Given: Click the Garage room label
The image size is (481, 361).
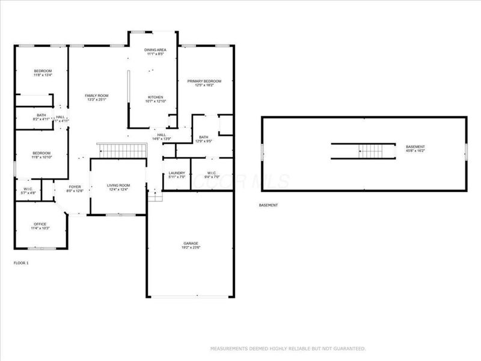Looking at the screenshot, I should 191,243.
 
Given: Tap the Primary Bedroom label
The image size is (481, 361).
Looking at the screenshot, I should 204,81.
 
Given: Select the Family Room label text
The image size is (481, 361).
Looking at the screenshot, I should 96,96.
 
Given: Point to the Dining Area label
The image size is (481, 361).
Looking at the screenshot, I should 156,49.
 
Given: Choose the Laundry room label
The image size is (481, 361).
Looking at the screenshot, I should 177,173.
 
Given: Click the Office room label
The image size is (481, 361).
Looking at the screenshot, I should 40,224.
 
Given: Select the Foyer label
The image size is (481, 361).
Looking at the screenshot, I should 75,187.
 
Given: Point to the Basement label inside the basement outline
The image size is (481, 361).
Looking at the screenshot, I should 415,147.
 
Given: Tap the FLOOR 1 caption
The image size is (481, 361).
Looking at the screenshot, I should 21,263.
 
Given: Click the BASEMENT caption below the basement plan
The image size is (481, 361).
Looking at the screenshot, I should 268,205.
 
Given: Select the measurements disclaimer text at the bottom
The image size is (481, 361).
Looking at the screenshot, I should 287,348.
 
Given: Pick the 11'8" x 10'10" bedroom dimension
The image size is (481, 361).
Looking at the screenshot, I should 41,158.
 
